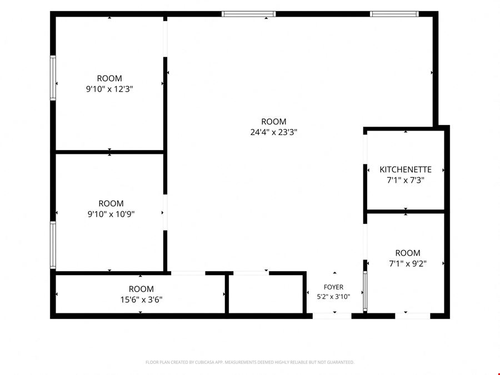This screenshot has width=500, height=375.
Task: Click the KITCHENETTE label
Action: coord(406,169)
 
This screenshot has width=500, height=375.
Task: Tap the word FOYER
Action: coord(333,287)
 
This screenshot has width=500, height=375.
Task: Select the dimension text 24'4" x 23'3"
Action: coord(273,132)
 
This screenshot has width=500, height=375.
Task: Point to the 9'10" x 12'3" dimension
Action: coord(109,89)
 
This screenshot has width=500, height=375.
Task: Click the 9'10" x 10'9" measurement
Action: coord(111,214)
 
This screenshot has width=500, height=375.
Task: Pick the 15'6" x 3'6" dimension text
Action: coord(141,300)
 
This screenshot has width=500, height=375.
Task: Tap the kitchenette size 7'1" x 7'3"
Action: coord(406,180)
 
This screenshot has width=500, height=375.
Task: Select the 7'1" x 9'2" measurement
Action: coord(408,264)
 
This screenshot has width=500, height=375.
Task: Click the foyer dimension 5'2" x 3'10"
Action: coord(333,297)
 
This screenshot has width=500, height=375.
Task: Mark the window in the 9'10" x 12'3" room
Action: coord(53,78)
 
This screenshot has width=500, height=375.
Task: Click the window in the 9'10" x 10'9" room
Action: coord(53,245)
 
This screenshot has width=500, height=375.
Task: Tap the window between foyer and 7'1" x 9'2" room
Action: coord(365,291)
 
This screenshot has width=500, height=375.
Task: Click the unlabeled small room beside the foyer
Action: coord(266,293)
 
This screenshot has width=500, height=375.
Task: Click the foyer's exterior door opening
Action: coord(332,316)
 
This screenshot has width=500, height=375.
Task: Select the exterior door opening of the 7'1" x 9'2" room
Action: coord(413,316)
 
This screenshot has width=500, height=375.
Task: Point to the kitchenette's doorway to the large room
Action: coord(365,149)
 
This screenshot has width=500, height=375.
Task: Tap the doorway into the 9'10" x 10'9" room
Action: coord(165,212)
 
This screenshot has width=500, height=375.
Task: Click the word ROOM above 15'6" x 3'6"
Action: coord(141,289)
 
